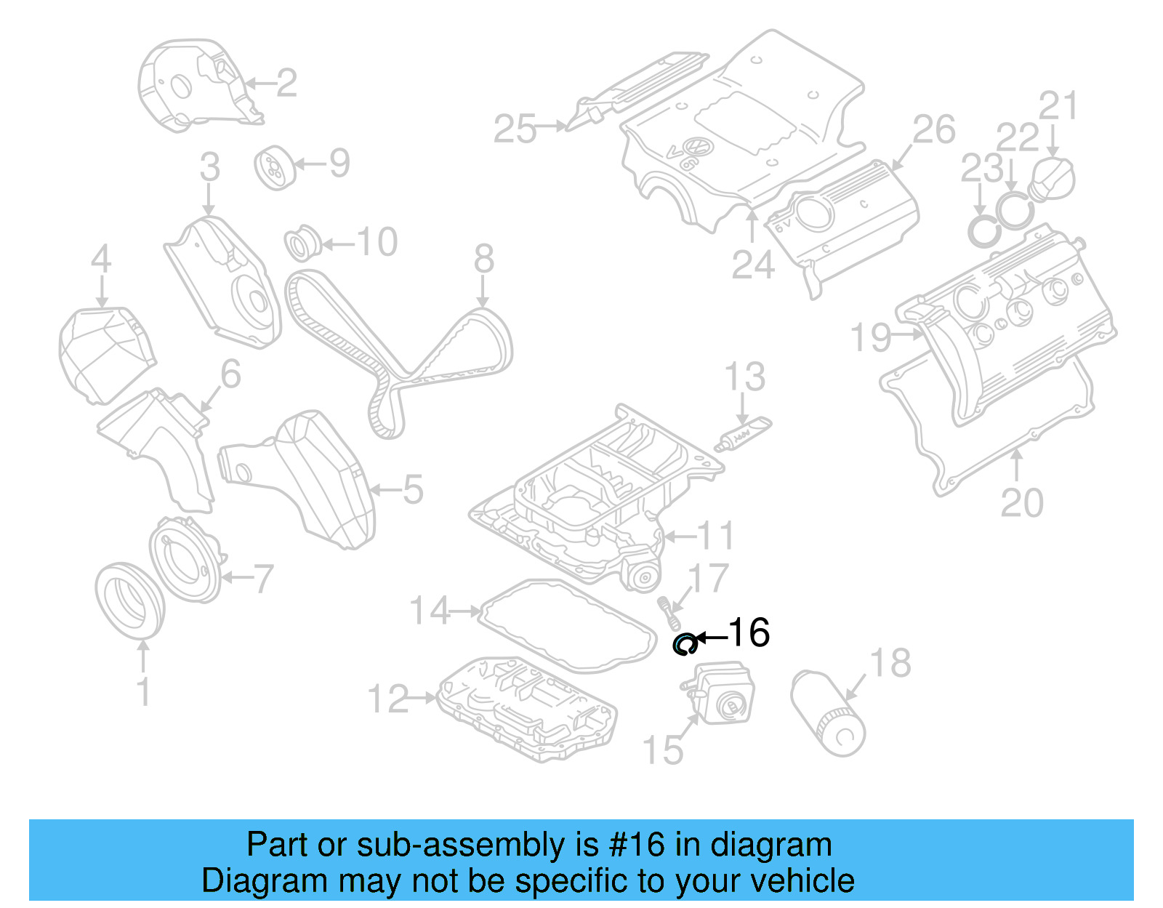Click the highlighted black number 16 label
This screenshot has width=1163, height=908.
coord(749,632)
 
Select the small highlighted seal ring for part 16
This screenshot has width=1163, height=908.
coord(684,644)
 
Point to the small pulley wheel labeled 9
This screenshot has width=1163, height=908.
coord(273,168)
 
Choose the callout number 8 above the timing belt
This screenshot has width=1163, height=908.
coord(483,259)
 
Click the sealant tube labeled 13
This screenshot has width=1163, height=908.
coord(743,434)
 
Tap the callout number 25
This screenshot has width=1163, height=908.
coord(515,129)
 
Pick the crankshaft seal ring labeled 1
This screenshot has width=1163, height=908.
coord(129,600)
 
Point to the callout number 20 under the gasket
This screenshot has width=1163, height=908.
coord(1021,503)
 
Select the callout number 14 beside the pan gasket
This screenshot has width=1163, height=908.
coord(430,611)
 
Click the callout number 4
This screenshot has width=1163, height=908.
coord(101,259)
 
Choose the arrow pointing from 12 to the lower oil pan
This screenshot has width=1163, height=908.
coord(422,698)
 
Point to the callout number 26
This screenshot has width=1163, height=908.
coord(933,130)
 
